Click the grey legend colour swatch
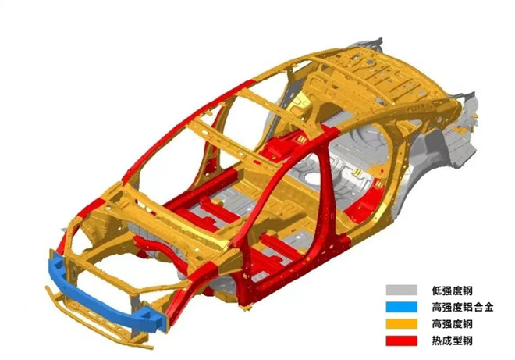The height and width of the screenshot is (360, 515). coord(401,290)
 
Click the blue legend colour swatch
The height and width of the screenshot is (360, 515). coord(401,307)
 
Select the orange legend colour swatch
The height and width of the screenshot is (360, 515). coord(401,324)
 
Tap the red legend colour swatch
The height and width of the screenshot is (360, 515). coord(401,340)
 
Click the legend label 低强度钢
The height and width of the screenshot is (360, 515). coord(452,290)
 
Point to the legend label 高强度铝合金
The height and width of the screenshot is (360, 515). coord(463,308)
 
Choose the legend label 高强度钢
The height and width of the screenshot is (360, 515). coord(452,324)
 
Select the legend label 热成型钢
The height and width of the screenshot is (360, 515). coord(452,341)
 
